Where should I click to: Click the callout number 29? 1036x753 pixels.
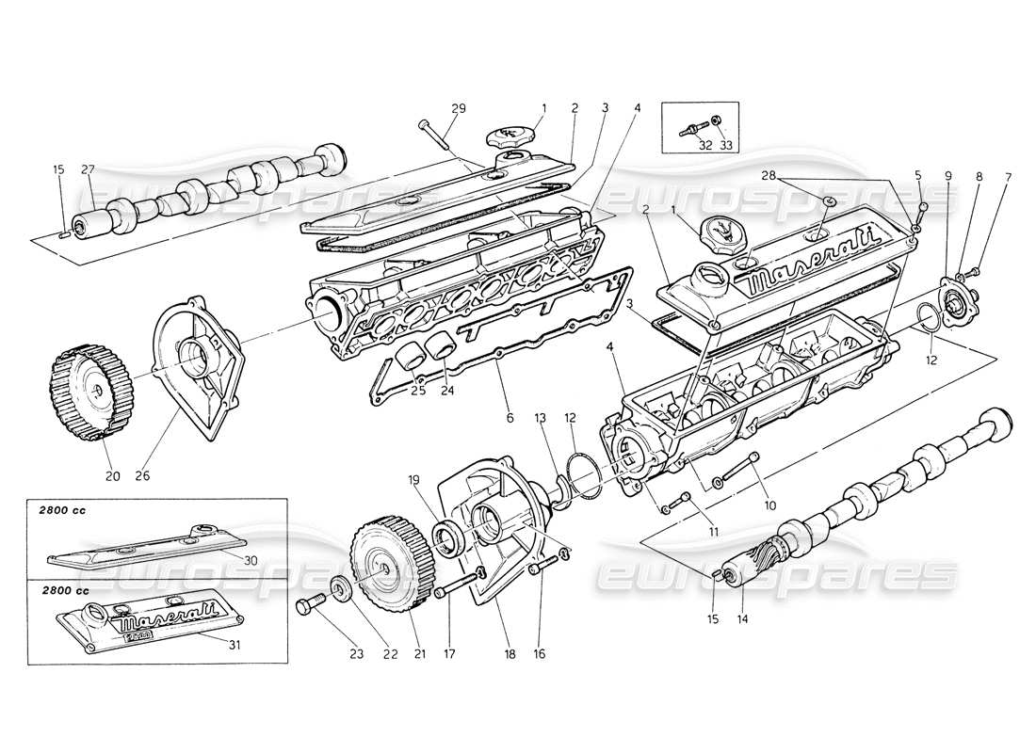tap(458, 109)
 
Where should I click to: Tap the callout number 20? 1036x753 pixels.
tap(112, 475)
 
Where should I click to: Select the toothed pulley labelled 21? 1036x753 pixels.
tap(384, 564)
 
